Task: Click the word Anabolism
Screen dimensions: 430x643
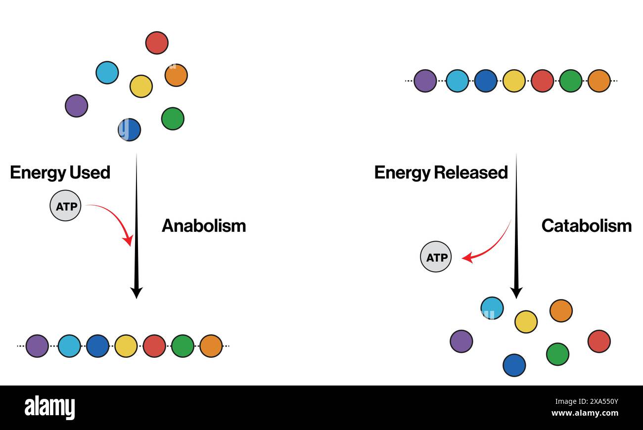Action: click(x=203, y=226)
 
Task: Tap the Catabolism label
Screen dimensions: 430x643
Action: click(x=586, y=226)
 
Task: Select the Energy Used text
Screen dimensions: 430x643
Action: click(x=60, y=172)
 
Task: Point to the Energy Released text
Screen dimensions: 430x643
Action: click(x=441, y=172)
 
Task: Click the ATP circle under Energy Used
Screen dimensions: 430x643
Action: click(x=65, y=206)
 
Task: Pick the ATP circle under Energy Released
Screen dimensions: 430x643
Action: click(x=436, y=257)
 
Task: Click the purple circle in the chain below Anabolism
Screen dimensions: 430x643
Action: click(x=37, y=346)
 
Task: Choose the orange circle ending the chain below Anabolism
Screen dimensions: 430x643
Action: click(x=211, y=346)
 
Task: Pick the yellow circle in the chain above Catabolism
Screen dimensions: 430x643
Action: click(x=514, y=81)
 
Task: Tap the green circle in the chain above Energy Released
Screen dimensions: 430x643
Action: click(x=571, y=81)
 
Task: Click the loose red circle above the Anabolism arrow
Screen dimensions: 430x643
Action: click(x=157, y=43)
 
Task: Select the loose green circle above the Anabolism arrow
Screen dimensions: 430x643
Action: click(x=173, y=119)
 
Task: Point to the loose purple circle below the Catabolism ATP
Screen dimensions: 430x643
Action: click(x=461, y=342)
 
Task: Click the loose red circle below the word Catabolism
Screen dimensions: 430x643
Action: click(x=599, y=342)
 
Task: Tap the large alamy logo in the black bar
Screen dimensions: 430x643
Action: click(x=50, y=407)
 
